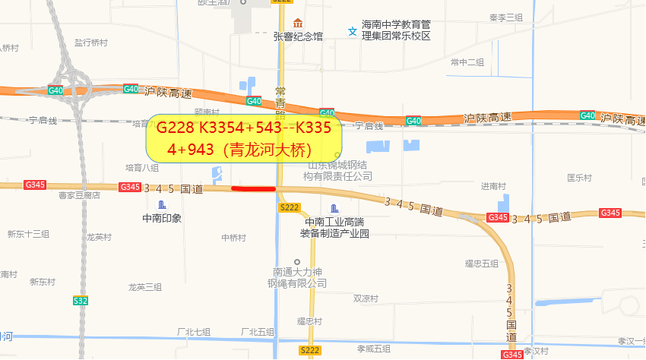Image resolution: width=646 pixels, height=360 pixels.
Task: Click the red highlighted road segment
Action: (x=253, y=188)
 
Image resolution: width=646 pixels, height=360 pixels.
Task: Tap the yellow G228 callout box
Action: (x=244, y=137)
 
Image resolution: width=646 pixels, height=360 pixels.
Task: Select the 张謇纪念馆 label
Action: (x=298, y=36)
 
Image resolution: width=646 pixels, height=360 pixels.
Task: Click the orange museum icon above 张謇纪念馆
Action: (x=298, y=21)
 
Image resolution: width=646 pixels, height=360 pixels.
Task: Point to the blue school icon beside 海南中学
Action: (x=352, y=31)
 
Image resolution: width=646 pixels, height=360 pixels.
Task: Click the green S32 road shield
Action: (x=80, y=301)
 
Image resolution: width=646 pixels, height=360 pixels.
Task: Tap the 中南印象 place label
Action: (x=162, y=218)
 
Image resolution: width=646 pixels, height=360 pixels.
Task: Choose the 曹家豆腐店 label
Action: (x=79, y=195)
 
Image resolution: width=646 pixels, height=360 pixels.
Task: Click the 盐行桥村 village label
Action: (x=90, y=43)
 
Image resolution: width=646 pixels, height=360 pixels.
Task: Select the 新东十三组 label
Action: (x=28, y=233)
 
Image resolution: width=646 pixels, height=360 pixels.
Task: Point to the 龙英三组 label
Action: (x=145, y=286)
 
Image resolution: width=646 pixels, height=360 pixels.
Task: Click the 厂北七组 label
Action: (x=193, y=332)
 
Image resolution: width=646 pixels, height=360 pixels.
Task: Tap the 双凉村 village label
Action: (x=365, y=299)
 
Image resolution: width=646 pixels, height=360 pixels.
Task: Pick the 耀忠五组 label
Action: (x=481, y=264)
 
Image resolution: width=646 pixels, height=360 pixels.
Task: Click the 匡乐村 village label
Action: (x=578, y=178)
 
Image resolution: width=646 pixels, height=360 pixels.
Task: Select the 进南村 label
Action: (x=493, y=186)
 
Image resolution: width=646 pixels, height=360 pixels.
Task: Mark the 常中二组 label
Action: (x=467, y=62)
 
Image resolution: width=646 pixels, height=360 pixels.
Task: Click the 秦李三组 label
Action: (x=506, y=17)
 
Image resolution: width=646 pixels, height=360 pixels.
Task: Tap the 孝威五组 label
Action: (x=373, y=349)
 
